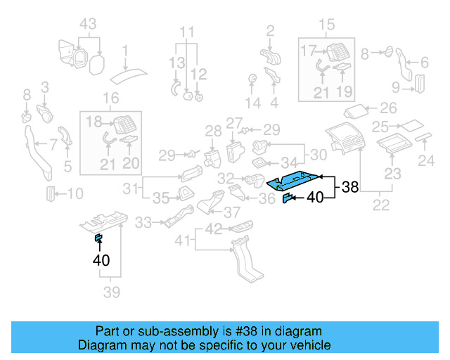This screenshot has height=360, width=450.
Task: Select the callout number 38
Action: click(350, 188)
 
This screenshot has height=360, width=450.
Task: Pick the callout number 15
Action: click(328, 27)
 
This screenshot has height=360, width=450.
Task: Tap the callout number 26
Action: click(388, 109)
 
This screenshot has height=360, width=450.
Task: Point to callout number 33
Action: click(143, 223)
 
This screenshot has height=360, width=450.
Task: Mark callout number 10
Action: click(75, 193)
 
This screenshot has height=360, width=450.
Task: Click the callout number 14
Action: click(252, 103)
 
